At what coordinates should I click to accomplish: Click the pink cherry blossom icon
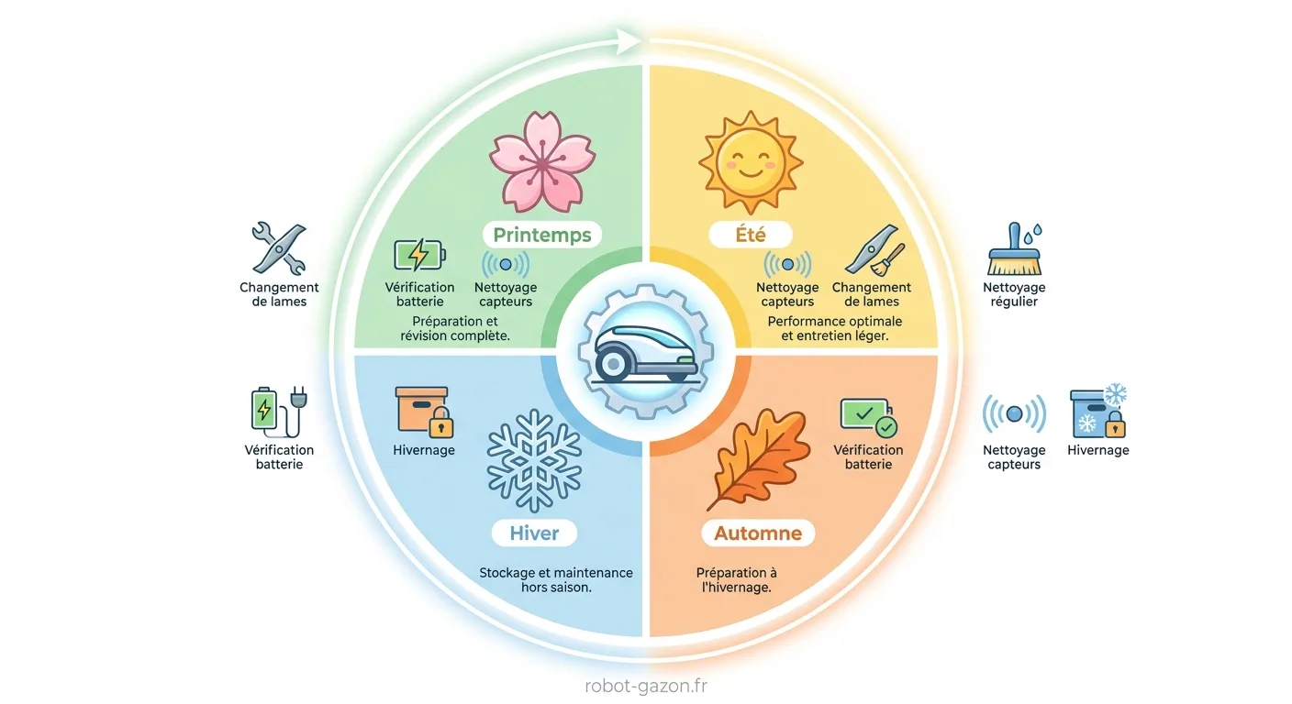[542, 162]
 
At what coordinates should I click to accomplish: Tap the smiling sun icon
[751, 162]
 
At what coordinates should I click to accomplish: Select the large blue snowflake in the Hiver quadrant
[534, 461]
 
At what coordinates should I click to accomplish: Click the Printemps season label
[542, 235]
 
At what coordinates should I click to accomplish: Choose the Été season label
[751, 235]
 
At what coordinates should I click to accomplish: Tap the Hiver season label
[534, 533]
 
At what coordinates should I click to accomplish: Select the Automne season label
[758, 533]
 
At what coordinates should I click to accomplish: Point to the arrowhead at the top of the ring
[629, 41]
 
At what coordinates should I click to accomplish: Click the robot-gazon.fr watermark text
[646, 686]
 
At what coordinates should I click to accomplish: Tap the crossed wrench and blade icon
[279, 248]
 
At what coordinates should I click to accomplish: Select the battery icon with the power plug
[279, 412]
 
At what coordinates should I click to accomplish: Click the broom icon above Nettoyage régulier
[1014, 249]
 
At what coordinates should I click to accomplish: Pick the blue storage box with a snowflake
[1098, 412]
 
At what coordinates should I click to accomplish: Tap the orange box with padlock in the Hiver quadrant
[425, 412]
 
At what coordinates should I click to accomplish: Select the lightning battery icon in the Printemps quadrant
[420, 255]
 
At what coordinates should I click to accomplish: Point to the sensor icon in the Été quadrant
[787, 264]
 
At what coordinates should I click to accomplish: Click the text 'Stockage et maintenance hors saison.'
[556, 580]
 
